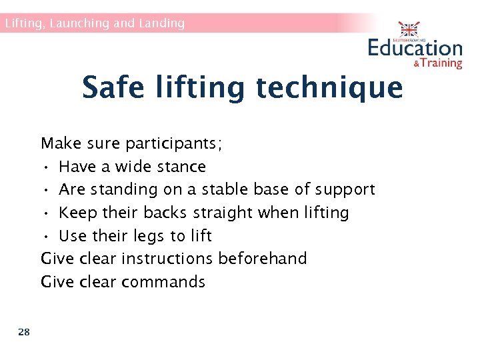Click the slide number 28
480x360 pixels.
pos(24,332)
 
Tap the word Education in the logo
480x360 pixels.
pos(415,48)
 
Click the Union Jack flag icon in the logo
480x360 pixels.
pos(409,30)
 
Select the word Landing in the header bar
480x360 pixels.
pos(161,23)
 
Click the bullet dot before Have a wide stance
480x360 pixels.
pos(44,167)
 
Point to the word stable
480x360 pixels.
pos(221,189)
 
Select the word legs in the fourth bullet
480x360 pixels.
pos(151,236)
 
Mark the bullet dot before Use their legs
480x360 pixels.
pos(44,236)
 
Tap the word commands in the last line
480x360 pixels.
pos(163,281)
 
